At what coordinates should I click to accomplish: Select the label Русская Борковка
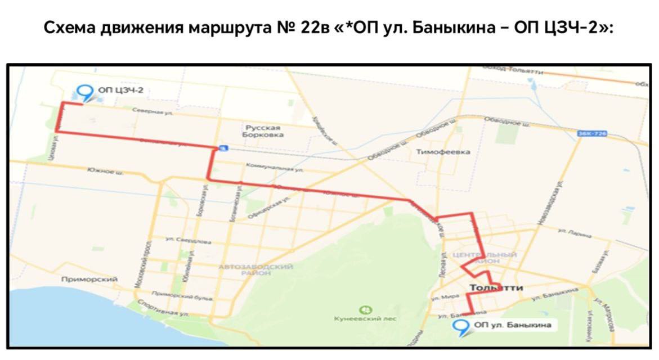click(262, 132)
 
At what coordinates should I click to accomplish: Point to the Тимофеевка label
click(443, 152)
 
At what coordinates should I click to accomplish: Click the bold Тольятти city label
click(496, 288)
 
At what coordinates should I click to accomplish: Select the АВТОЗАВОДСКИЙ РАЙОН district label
click(255, 269)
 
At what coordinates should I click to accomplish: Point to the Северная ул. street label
click(152, 112)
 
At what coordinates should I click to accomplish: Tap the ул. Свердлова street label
click(189, 240)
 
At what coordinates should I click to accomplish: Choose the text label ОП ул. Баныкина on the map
click(512, 325)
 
